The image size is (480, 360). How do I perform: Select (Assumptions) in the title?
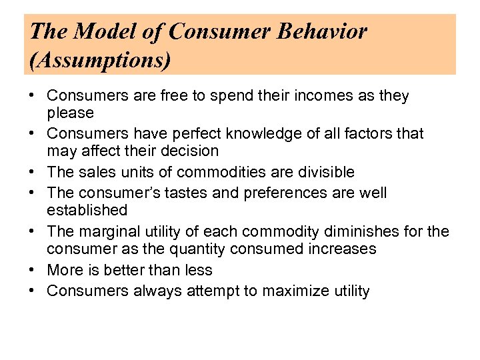[x=100, y=61]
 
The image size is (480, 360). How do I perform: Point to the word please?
[x=70, y=113]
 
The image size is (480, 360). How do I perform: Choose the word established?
[x=87, y=211]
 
